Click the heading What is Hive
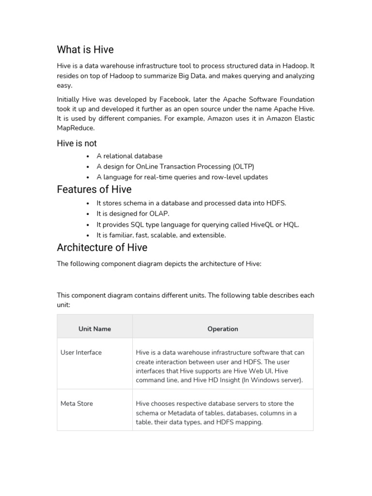click(x=85, y=49)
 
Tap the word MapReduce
click(x=76, y=128)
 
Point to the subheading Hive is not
click(x=77, y=143)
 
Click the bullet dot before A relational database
click(x=88, y=156)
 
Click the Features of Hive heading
click(x=94, y=189)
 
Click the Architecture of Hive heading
click(x=102, y=248)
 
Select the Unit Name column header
click(x=94, y=329)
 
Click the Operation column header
click(x=223, y=329)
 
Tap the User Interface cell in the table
click(x=81, y=353)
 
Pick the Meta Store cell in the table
click(x=77, y=403)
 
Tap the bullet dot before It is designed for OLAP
click(x=88, y=214)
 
